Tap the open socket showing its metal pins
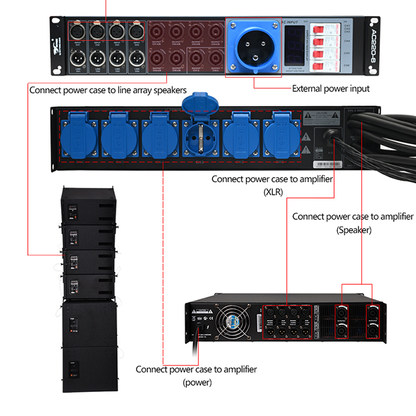(x=201, y=136)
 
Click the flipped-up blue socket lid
(x=197, y=104)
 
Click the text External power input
(x=330, y=89)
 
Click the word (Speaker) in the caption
(x=353, y=230)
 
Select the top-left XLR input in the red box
(x=78, y=31)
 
